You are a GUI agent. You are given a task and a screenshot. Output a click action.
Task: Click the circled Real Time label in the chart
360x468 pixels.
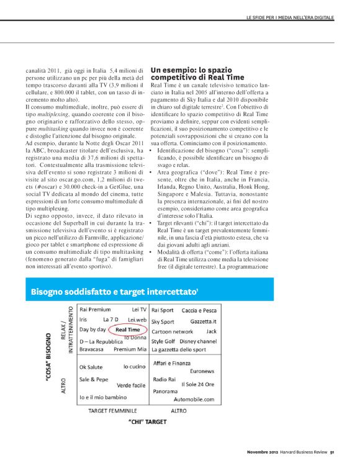pos(128,330)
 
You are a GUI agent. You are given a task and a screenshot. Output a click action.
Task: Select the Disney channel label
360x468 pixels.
pos(197,341)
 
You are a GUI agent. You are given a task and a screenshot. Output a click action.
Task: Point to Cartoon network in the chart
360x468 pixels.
pos(172,331)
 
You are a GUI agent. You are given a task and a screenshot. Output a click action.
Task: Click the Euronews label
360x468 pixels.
pos(202,371)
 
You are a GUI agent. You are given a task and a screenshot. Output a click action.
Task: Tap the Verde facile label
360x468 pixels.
pos(131,385)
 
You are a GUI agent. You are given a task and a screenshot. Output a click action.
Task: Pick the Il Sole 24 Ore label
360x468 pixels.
pos(197,385)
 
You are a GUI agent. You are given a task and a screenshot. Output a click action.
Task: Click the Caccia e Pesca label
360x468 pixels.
pos(199,310)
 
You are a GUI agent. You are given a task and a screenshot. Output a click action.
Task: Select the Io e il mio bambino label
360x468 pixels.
pos(102,396)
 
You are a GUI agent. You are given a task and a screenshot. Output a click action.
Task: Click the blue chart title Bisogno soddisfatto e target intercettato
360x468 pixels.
pos(115,291)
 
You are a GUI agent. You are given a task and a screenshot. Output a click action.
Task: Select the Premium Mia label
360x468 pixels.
pos(130,349)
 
